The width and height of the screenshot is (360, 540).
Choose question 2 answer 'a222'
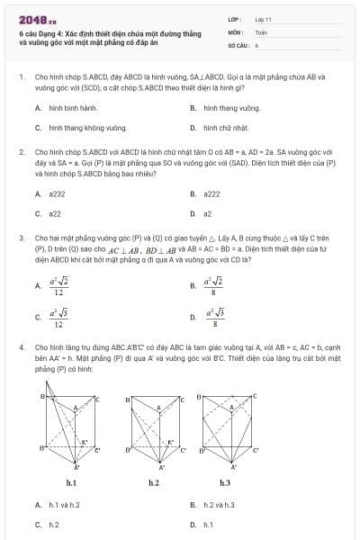(x=212, y=193)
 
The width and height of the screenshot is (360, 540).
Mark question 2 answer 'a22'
(x=55, y=214)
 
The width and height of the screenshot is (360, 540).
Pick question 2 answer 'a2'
(x=208, y=214)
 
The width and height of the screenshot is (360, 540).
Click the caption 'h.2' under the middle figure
(x=154, y=483)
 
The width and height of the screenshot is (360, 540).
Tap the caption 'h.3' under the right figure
(x=225, y=483)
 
